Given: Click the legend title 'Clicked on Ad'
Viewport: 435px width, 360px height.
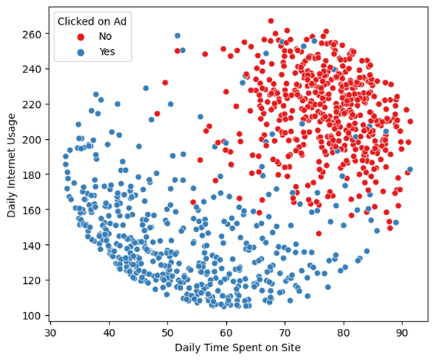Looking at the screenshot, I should point(92,21).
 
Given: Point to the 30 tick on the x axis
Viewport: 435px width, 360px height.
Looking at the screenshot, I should point(50,332).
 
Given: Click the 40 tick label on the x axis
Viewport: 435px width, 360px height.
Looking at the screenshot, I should point(109,332).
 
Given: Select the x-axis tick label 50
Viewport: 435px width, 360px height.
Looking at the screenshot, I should point(167,332).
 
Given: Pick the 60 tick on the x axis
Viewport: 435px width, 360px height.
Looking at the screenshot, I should point(226,332).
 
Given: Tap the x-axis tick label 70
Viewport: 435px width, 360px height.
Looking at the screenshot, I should point(285,332).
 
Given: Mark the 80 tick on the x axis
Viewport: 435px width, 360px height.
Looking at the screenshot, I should point(344,332).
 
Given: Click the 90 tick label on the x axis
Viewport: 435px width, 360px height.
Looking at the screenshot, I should point(402,332).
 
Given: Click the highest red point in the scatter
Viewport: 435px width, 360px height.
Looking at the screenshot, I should point(291,21).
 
